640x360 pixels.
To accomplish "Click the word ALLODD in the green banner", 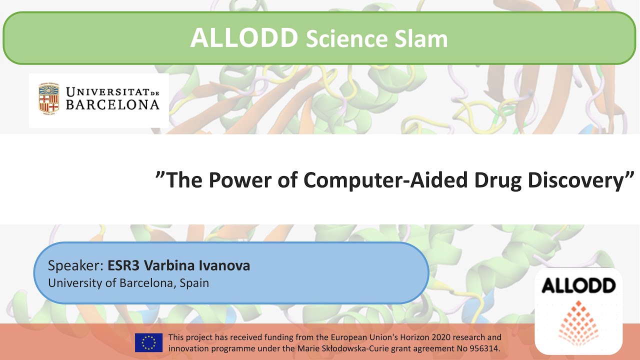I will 244,38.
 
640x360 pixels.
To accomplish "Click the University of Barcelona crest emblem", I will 49,97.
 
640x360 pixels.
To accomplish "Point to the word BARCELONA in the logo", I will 112,104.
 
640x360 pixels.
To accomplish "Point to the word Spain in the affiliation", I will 194,282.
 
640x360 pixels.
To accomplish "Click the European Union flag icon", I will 148,342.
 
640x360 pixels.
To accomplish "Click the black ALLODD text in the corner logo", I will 578,285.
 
